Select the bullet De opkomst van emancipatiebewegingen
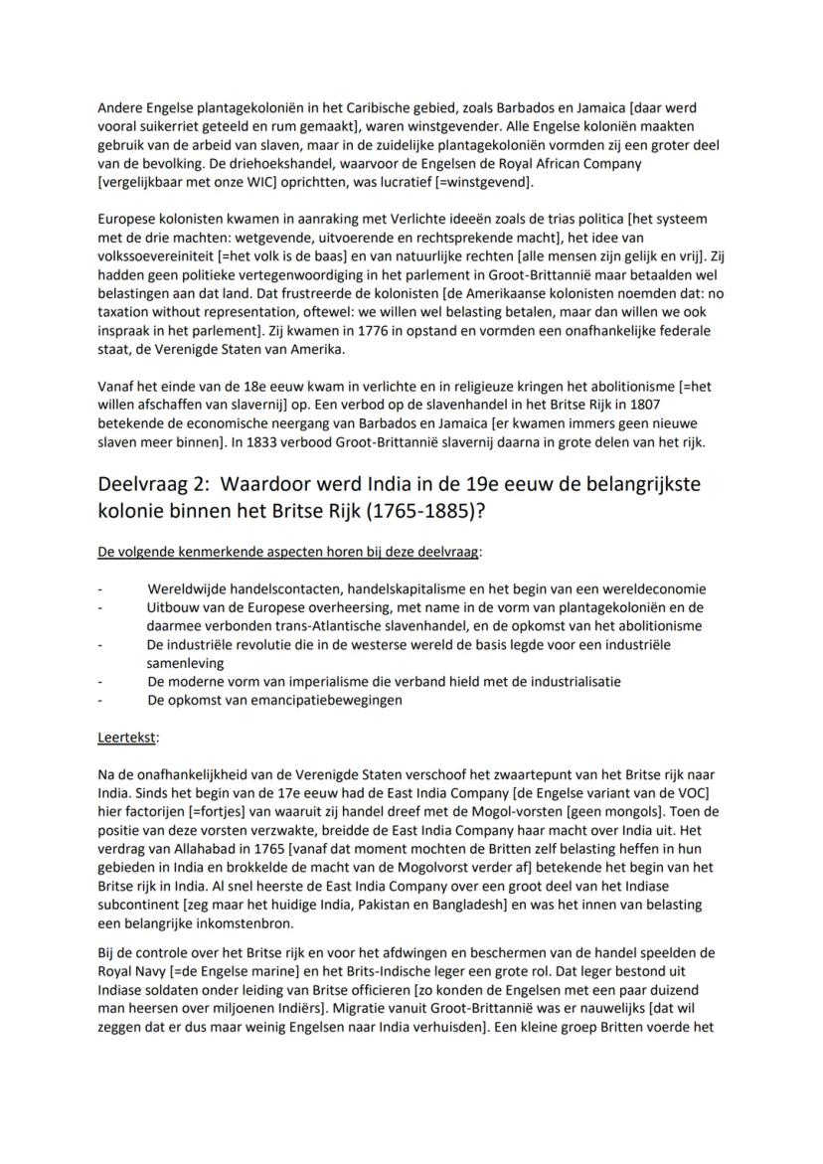[x=273, y=700]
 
